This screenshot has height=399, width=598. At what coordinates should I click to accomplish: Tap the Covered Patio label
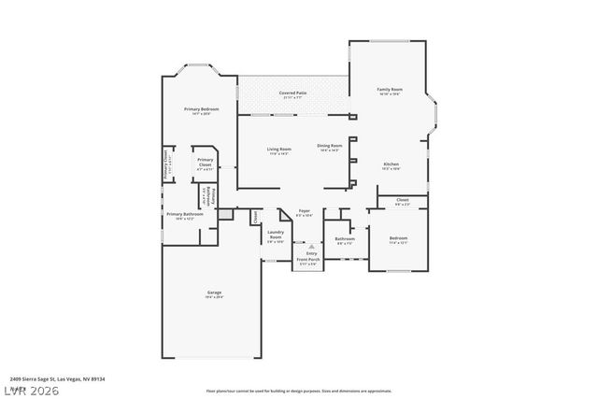(x=292, y=93)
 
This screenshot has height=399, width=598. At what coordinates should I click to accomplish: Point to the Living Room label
(x=278, y=150)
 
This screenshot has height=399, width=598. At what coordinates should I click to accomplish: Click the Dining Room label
(x=329, y=146)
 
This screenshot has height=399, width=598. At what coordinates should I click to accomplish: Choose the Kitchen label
(x=391, y=164)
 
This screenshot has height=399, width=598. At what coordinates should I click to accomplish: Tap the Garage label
(x=214, y=293)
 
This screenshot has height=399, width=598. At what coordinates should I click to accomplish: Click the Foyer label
(x=305, y=211)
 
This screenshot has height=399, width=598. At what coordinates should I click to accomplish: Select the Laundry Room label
(x=276, y=235)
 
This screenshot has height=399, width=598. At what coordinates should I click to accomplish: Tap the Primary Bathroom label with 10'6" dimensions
(x=185, y=215)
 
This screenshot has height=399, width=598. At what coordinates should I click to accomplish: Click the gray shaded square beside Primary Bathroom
(x=225, y=214)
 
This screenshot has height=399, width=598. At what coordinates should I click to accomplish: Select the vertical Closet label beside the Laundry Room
(x=255, y=217)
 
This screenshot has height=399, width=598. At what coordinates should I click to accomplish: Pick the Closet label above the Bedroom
(x=402, y=200)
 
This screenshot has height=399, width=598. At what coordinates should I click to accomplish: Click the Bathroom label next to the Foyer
(x=344, y=238)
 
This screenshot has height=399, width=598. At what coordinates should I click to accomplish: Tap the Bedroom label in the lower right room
(x=398, y=238)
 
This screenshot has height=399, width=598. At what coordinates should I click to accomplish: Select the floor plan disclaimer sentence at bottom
(x=298, y=391)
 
